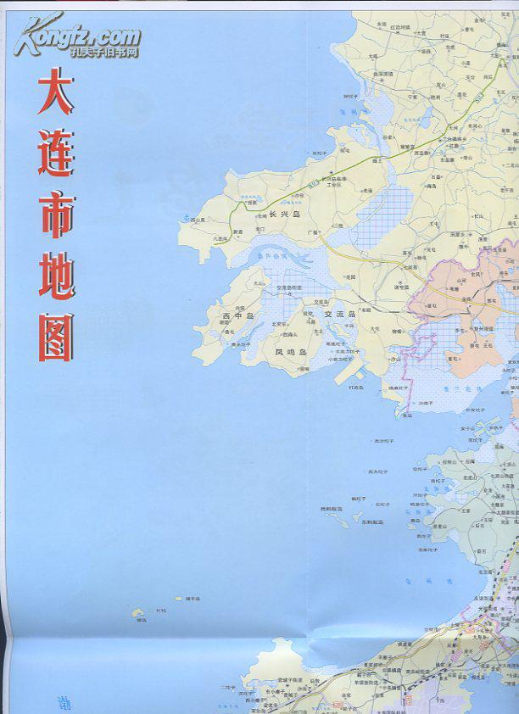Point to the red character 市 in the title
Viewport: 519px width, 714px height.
click(x=56, y=213)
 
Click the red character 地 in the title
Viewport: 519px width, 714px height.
click(x=56, y=274)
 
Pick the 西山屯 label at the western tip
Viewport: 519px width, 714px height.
click(x=198, y=220)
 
